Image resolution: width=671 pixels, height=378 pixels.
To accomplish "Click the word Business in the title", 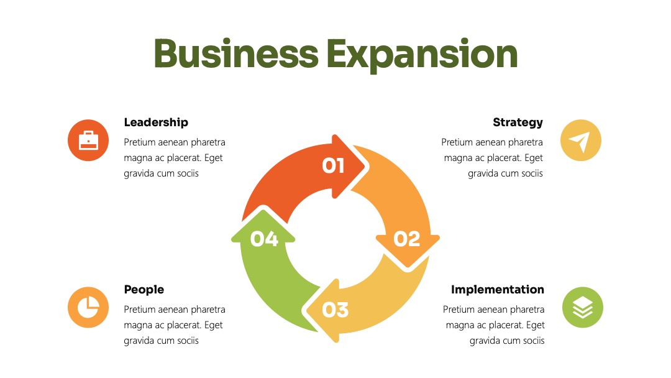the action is (236, 53).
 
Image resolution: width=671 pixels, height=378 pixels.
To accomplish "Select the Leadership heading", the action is (156, 122).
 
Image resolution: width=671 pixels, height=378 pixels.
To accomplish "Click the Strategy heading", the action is (518, 123).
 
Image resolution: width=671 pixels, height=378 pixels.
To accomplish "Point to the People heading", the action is (144, 290).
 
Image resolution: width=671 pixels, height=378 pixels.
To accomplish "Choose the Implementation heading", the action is (498, 290).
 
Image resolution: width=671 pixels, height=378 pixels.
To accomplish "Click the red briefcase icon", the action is (88, 141).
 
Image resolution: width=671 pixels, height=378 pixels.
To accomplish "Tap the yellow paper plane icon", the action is (581, 141).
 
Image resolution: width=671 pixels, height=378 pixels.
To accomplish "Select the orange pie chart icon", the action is (88, 307).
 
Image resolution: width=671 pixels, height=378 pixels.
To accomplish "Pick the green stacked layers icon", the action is (582, 307).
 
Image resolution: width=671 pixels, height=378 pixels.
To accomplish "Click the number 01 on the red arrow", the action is (333, 165).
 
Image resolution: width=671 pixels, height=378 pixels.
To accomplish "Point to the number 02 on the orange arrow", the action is (406, 239).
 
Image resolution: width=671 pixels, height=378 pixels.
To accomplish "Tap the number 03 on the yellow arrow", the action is (335, 310).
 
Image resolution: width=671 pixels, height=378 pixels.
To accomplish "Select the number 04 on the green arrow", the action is (264, 239).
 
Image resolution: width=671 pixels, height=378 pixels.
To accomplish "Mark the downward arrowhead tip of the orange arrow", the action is (408, 268).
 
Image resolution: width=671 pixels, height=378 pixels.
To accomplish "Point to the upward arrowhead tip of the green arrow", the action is (263, 210).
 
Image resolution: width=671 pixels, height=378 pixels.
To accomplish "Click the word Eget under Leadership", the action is (214, 158).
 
